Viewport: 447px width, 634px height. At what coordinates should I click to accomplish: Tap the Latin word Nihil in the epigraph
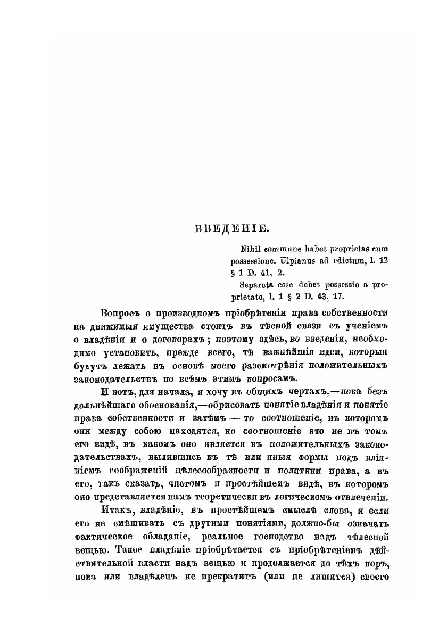[251, 249]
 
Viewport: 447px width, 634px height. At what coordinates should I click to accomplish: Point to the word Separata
[257, 285]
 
